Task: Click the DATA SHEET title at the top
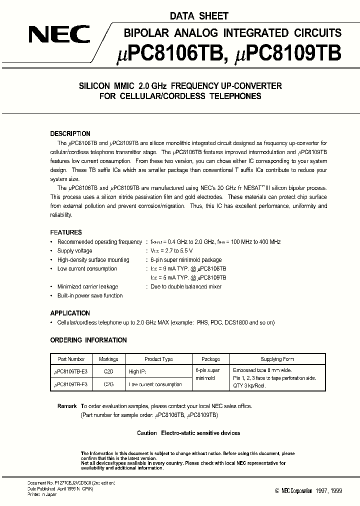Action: coord(198,16)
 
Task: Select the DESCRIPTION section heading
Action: coord(70,134)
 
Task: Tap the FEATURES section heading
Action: coord(66,232)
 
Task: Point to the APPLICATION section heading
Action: coord(70,313)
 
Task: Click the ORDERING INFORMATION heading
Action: coord(88,340)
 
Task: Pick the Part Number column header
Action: coord(71,359)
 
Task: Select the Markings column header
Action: coord(108,359)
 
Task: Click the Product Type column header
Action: coord(158,359)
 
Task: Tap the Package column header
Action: coord(210,359)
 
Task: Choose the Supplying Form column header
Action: coord(277,359)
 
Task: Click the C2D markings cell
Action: coord(108,371)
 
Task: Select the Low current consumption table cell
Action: coord(155,384)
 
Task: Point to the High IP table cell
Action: coord(137,371)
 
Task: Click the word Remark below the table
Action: coord(67,406)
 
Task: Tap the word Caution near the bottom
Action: coord(147,433)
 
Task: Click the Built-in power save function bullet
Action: coord(90,295)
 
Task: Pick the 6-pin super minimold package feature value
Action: coord(186,260)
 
